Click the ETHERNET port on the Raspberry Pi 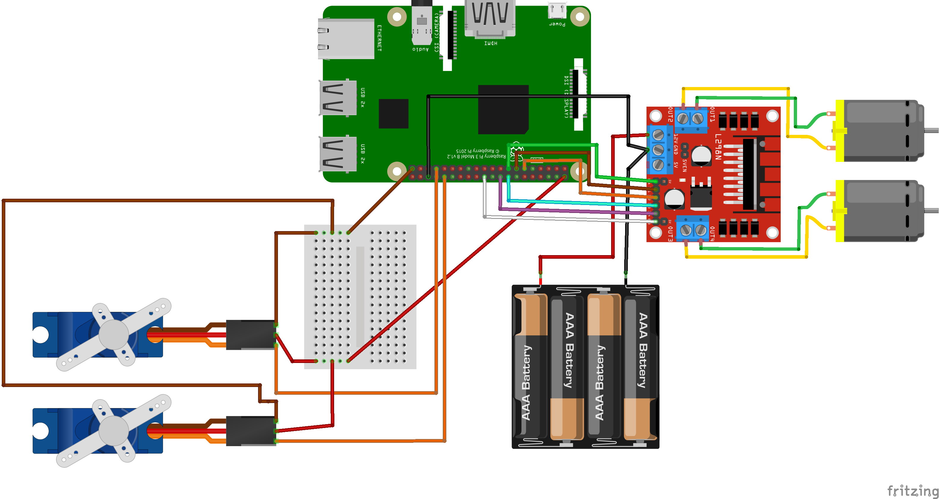[346, 39]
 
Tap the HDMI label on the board [491, 43]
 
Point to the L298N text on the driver [718, 147]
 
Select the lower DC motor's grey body [882, 211]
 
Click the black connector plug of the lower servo [250, 431]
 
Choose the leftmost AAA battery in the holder [530, 366]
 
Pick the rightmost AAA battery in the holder [641, 366]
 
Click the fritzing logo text [912, 491]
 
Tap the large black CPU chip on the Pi [503, 109]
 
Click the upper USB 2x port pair [338, 98]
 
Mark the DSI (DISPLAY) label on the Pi [566, 97]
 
